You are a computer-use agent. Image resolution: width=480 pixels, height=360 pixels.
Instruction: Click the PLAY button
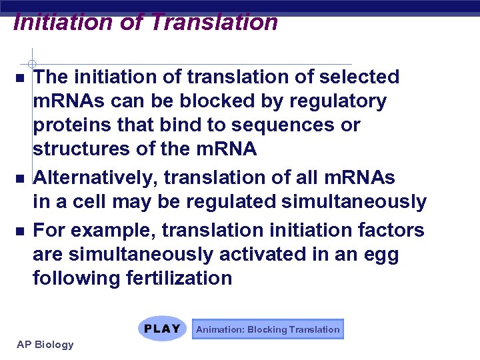click(163, 329)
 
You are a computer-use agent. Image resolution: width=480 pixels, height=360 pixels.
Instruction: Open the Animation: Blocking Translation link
click(267, 329)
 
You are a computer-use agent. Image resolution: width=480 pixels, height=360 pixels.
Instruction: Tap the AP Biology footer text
click(45, 344)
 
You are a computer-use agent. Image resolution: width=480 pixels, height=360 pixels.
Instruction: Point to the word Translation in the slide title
click(214, 22)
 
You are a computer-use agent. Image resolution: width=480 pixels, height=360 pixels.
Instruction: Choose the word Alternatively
click(95, 178)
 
